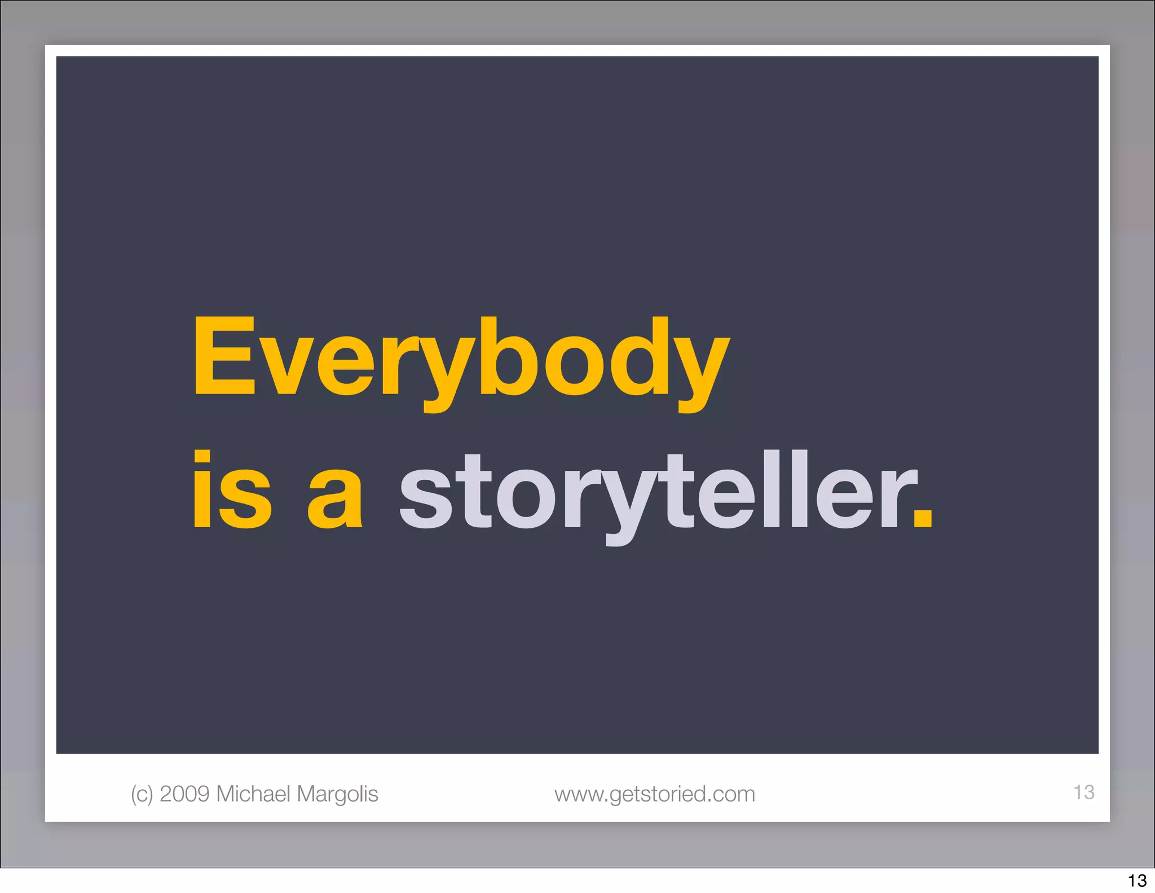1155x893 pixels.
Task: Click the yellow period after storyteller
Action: [x=923, y=518]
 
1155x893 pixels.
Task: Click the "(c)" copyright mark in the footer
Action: [x=142, y=794]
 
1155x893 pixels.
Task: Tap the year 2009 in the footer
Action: [x=184, y=794]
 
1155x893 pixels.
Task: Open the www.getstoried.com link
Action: [x=654, y=794]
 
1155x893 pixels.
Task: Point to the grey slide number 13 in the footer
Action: [x=1083, y=792]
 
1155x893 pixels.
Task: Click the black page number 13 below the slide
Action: [x=1137, y=881]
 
